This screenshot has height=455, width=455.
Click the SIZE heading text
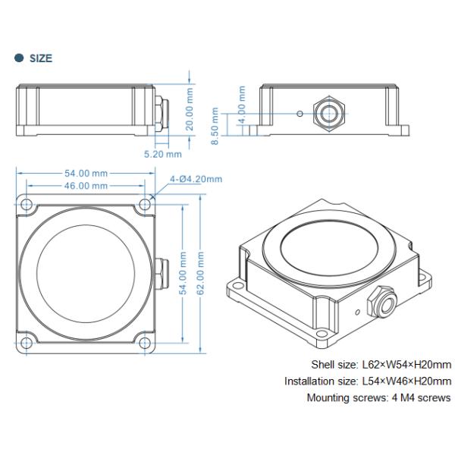[x=41, y=58]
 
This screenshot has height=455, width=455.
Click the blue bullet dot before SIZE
[x=19, y=58]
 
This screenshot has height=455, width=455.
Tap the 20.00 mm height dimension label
[x=190, y=109]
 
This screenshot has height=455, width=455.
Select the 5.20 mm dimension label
[x=163, y=153]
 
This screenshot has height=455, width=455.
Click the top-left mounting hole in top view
[x=27, y=205]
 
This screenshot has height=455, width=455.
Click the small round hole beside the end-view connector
[x=302, y=114]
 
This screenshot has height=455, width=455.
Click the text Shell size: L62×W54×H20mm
[x=381, y=365]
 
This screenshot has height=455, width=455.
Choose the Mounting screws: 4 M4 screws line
[x=378, y=398]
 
